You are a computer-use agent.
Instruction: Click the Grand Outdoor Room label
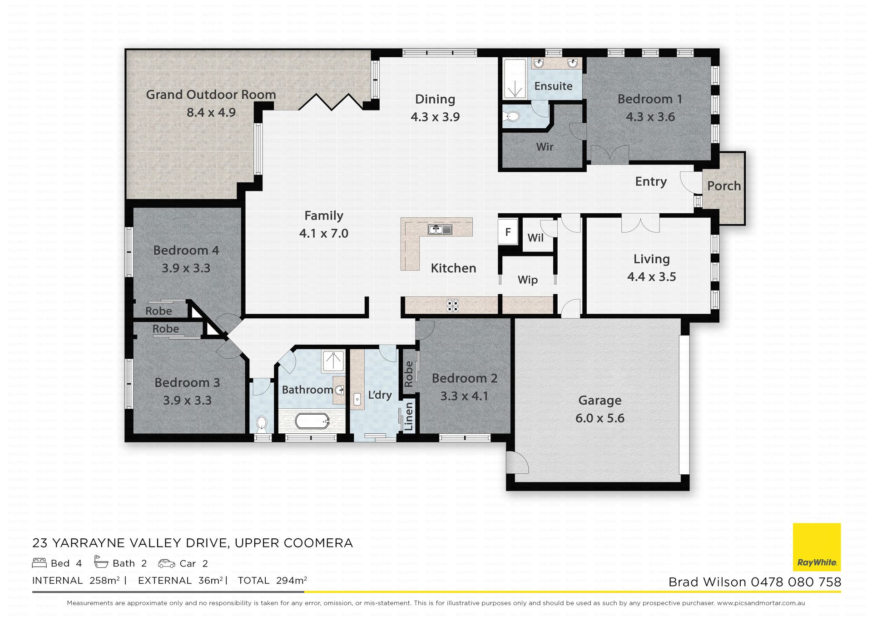coord(211,95)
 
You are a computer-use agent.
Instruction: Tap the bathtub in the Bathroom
coord(312,421)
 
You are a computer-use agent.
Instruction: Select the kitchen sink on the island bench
coord(440,229)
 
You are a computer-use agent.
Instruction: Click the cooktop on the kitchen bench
coord(453,305)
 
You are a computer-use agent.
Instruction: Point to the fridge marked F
coord(508,232)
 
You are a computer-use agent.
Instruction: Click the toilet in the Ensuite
coord(512,117)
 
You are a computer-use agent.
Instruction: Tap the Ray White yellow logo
coord(817,547)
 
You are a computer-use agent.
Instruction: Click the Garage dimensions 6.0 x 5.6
coord(600,418)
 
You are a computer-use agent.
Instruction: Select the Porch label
coord(724,186)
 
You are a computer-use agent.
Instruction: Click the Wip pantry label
coord(528,280)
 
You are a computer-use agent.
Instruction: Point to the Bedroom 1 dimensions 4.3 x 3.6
coord(650,117)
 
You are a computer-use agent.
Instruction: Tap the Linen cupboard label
coord(409,416)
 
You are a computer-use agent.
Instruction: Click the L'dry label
coord(380,395)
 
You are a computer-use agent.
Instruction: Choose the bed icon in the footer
coord(40,563)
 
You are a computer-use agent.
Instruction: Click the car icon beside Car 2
coord(167,564)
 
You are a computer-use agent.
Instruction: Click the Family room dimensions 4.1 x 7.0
coord(324,233)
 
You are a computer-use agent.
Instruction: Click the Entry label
coord(651,181)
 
